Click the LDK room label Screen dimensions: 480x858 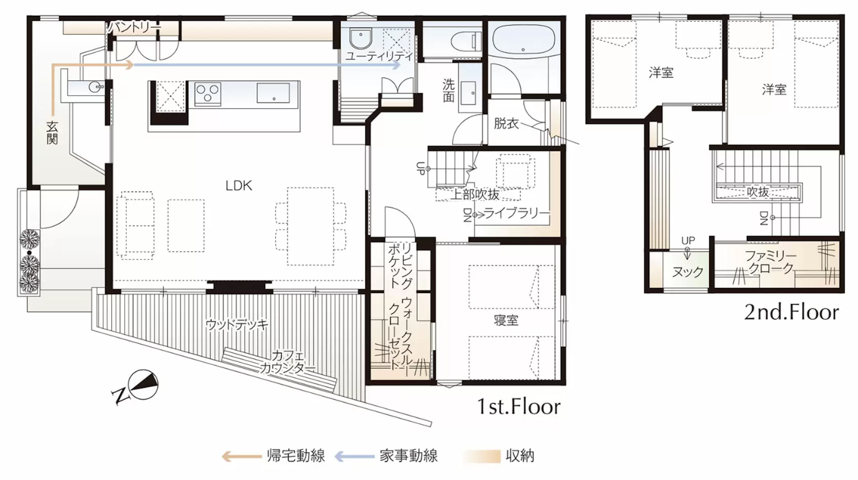pos(239,186)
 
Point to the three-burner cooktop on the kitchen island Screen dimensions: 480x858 pos(207,93)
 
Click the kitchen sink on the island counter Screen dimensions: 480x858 pos(273,93)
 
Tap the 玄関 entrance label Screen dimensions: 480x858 pos(52,133)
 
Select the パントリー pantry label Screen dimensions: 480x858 pos(134,27)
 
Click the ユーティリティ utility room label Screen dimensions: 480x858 pos(379,57)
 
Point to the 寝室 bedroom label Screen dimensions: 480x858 pos(506,321)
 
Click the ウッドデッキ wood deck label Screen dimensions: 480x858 pos(237,325)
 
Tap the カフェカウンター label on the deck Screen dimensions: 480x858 pos(288,362)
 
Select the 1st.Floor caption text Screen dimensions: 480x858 pos(518,407)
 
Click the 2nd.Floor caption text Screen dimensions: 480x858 pos(791,313)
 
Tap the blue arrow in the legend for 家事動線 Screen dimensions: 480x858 pos(354,456)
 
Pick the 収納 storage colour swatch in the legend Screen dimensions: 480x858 pos(482,456)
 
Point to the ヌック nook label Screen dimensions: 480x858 pos(687,272)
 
